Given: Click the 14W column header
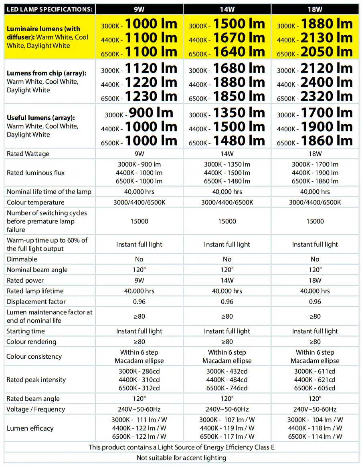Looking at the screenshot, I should (x=227, y=8).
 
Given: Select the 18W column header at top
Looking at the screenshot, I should (x=315, y=8).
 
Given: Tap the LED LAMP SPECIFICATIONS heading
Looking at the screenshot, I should (x=49, y=8).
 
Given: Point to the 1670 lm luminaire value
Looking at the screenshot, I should (x=239, y=38).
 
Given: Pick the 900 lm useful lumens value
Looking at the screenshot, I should (x=150, y=113).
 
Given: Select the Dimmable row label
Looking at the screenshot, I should (x=22, y=259).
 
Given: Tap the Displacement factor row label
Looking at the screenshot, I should (x=36, y=301).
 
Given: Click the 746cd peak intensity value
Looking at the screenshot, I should (x=227, y=388).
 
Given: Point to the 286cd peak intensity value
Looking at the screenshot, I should (x=139, y=371).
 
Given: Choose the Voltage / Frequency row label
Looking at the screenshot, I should (x=36, y=409).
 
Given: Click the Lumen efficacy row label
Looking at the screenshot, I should (x=30, y=428).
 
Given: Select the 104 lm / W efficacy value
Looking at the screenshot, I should (x=315, y=420).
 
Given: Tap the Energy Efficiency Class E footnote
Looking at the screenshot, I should (x=181, y=447).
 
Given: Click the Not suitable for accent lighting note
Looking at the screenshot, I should (x=181, y=458).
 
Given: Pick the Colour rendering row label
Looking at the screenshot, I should (x=31, y=341).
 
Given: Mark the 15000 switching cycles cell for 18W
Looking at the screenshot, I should (x=315, y=221).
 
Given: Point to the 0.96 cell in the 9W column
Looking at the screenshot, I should (x=139, y=301).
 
